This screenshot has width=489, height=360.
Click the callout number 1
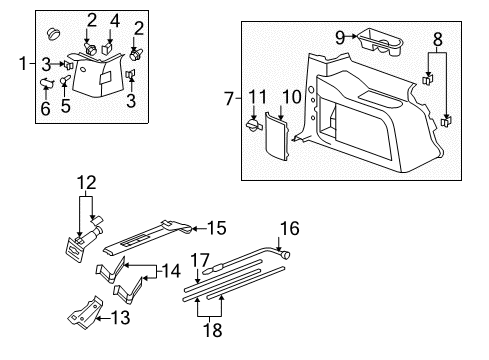click(x=23, y=64)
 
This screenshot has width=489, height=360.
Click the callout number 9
click(x=340, y=36)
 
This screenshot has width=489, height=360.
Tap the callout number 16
click(x=295, y=227)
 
